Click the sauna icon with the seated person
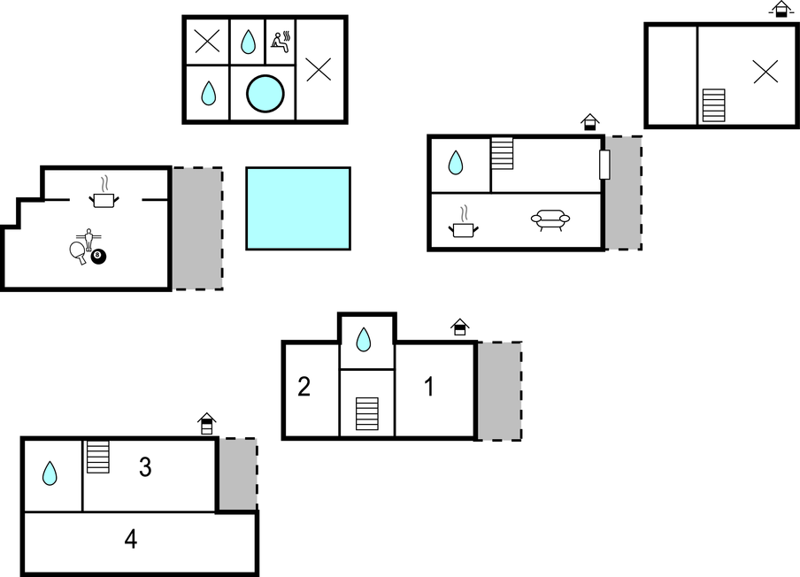(x=281, y=42)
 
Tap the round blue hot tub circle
(x=265, y=94)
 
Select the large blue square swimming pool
(x=298, y=209)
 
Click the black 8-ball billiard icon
(x=98, y=256)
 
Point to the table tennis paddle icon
(x=78, y=252)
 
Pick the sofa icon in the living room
(x=550, y=219)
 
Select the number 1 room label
(x=429, y=387)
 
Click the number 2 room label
(x=304, y=387)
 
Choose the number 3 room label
(x=145, y=467)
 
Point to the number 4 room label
(x=131, y=539)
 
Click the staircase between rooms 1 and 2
(x=367, y=414)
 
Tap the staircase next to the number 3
(x=98, y=457)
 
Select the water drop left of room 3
(x=50, y=473)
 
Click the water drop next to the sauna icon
(x=248, y=42)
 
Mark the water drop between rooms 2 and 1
(x=363, y=340)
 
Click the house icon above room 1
(x=459, y=327)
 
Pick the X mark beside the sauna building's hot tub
(x=319, y=69)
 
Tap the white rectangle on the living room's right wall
(x=604, y=165)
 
